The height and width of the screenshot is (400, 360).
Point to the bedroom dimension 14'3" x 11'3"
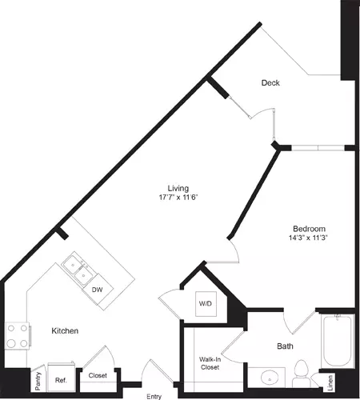tap(308, 238)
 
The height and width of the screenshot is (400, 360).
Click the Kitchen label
tap(66, 330)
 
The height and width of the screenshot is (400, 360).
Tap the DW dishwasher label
tap(97, 290)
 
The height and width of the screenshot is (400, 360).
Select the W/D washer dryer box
tap(204, 304)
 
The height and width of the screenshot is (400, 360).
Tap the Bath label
tap(285, 346)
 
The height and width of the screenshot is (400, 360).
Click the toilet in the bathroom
tap(302, 370)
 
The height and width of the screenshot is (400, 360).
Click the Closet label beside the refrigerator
tap(98, 375)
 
